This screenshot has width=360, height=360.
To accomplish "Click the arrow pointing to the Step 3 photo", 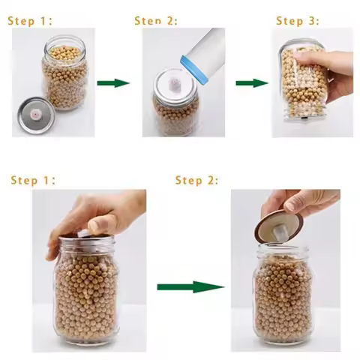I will (252, 82).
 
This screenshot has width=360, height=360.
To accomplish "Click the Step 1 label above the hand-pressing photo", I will (34, 181).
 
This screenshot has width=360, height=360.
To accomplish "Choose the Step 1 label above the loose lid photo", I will (30, 20).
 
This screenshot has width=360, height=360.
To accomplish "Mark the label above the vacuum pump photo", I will (156, 20).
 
